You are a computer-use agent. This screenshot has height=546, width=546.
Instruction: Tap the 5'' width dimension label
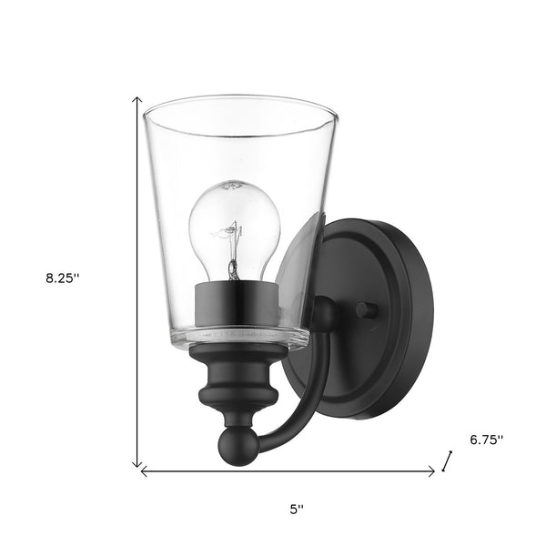click(294, 511)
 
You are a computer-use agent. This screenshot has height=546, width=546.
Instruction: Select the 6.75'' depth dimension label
click(487, 439)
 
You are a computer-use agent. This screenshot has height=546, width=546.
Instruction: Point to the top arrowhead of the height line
click(137, 100)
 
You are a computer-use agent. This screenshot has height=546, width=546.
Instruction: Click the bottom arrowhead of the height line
click(137, 461)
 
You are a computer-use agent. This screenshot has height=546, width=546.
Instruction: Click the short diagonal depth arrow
click(446, 462)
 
